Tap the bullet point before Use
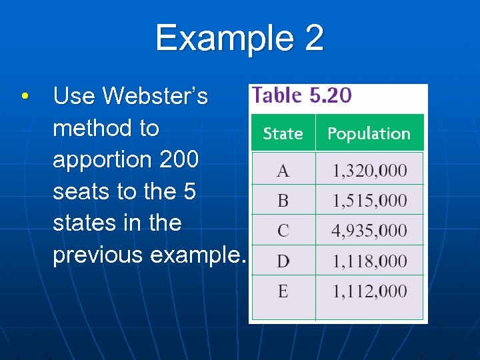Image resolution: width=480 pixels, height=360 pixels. [24, 97]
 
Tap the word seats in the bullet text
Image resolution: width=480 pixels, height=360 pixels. [81, 191]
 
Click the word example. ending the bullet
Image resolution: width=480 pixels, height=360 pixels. [199, 255]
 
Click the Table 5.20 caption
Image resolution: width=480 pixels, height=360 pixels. [302, 95]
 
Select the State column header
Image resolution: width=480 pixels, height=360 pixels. [283, 133]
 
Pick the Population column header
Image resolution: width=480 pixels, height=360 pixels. [369, 133]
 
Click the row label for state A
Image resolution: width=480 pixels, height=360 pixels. [283, 171]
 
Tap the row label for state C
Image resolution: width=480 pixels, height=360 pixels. [283, 231]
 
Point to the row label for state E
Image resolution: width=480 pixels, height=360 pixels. [283, 291]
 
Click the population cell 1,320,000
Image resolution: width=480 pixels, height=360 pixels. [369, 171]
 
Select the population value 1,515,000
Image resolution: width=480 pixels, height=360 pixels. [369, 201]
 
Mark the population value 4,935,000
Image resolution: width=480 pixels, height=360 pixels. [369, 231]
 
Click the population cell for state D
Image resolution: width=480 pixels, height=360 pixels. [369, 261]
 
